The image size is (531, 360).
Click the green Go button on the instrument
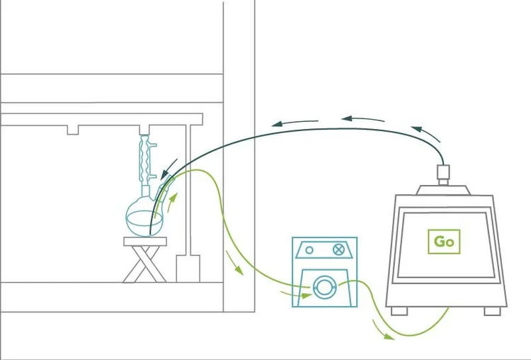tap(444, 242)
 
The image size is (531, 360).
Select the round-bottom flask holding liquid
tap(144, 219)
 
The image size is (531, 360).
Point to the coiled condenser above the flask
tap(145, 159)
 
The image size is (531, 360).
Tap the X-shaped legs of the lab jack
tap(145, 264)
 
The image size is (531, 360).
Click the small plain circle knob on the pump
tap(309, 250)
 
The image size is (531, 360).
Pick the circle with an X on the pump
tap(338, 249)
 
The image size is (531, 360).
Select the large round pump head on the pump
tap(324, 288)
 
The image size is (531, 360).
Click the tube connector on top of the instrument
tap(443, 174)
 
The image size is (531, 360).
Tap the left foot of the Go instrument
tap(399, 311)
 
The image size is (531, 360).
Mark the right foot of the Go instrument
tap(492, 311)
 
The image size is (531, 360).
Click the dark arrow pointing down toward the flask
tap(169, 169)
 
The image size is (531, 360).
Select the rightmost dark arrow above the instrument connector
tap(426, 133)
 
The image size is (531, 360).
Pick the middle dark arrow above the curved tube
tap(362, 119)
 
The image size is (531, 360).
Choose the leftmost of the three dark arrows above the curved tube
tap(295, 123)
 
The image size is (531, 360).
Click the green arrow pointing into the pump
tap(296, 294)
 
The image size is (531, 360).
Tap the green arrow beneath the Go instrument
tap(382, 330)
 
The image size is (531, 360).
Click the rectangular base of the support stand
tap(188, 269)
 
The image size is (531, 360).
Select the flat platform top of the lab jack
tap(145, 242)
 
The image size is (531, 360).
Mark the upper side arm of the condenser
tap(154, 146)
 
